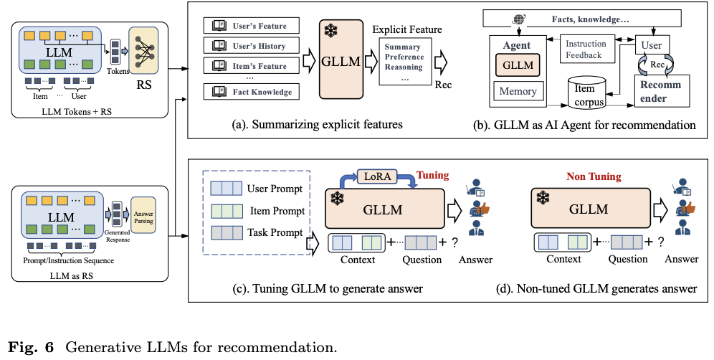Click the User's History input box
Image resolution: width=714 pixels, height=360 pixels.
click(x=251, y=46)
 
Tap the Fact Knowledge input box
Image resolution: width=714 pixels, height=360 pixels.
click(x=251, y=92)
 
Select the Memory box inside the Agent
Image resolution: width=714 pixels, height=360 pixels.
click(x=518, y=91)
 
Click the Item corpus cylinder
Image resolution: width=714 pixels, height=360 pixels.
click(x=586, y=93)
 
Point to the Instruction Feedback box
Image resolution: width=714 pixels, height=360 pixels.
click(x=586, y=49)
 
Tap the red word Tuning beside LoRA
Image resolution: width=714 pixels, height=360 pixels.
click(x=432, y=175)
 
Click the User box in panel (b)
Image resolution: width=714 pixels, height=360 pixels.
click(x=650, y=45)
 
